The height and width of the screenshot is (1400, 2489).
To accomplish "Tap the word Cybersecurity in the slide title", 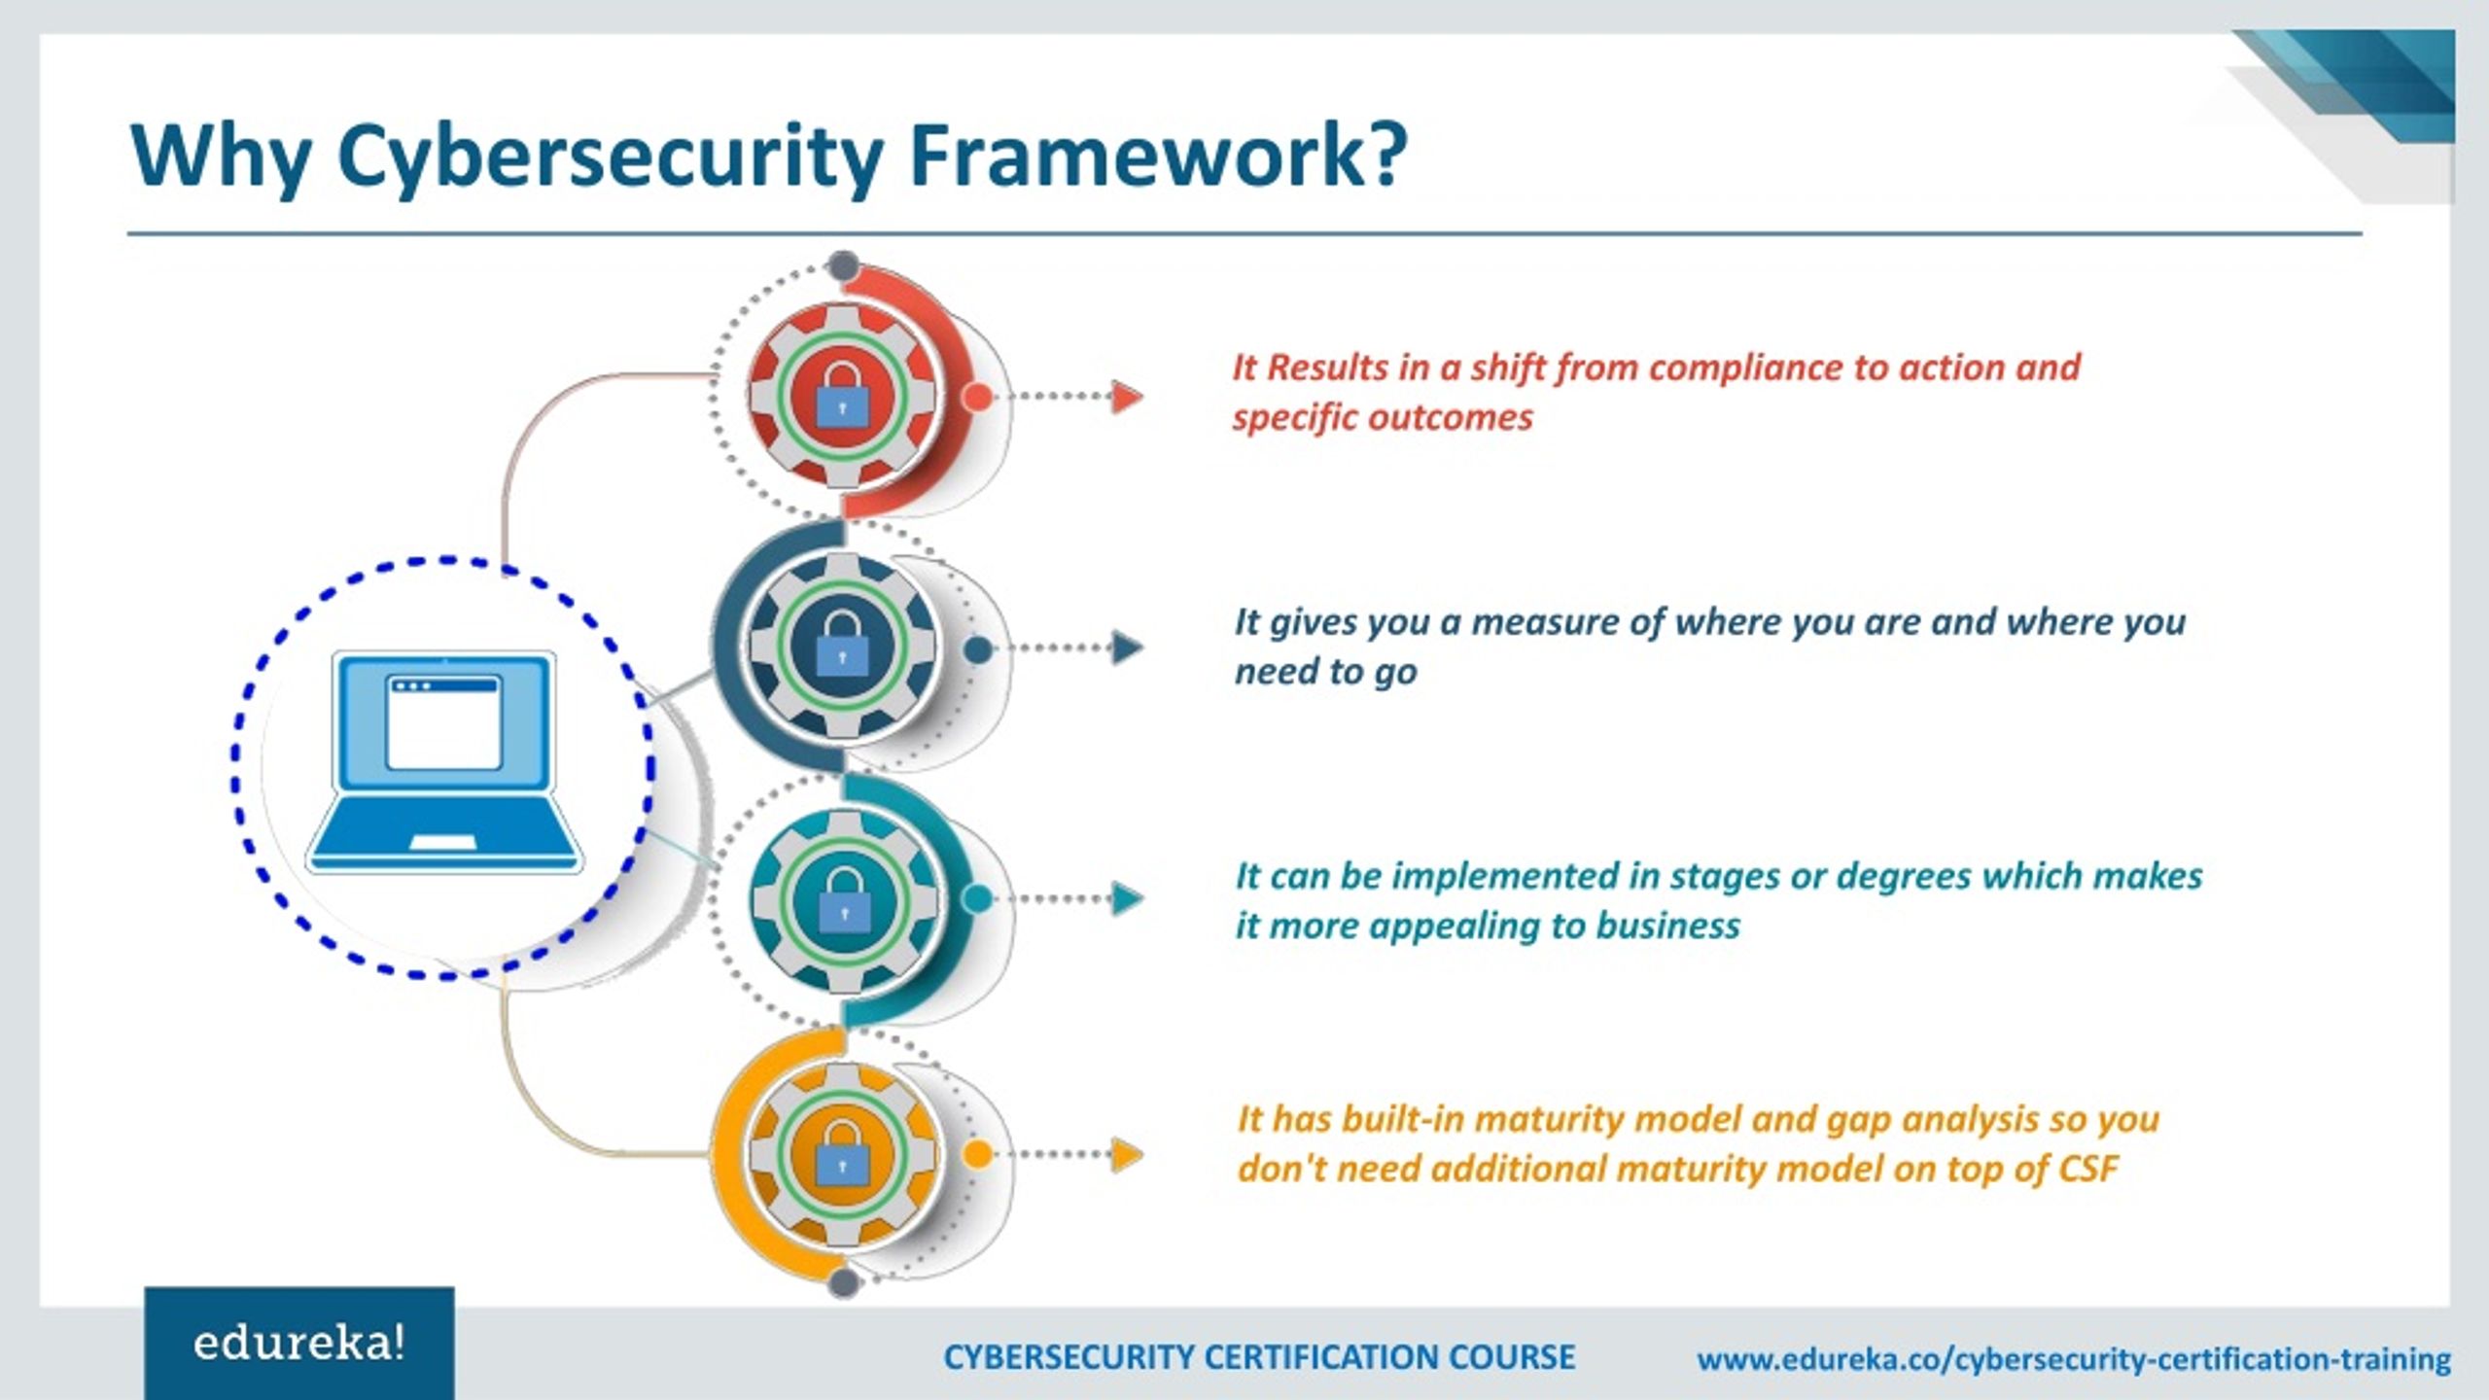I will [x=610, y=157].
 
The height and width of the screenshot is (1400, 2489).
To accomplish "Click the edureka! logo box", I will [x=298, y=1344].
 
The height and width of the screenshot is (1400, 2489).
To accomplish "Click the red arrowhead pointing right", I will [x=1128, y=397].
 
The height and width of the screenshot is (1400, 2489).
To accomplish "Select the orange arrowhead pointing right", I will [x=1128, y=1154].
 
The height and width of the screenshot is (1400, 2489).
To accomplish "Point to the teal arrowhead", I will [x=1128, y=898].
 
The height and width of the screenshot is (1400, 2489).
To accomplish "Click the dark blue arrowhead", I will [x=1128, y=647].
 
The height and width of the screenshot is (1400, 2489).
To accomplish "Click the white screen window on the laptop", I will [x=443, y=723].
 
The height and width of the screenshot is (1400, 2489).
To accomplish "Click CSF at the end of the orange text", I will [x=2087, y=1169].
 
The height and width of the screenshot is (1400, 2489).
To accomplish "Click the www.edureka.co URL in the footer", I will [x=2074, y=1359].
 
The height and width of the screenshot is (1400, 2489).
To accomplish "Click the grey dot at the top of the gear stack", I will [x=843, y=264].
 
